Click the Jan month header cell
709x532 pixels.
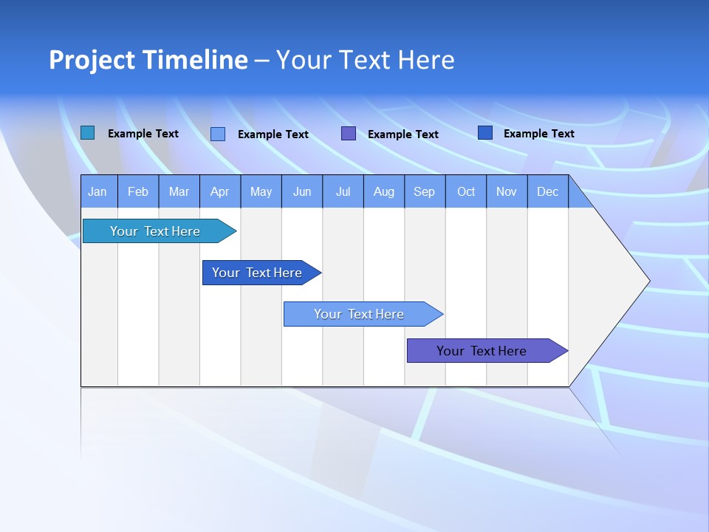point(98,191)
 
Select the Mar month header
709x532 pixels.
point(179,191)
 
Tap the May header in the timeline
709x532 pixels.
point(261,191)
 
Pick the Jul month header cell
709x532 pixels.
point(343,191)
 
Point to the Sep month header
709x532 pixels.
point(425,191)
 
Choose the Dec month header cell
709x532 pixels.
point(547,191)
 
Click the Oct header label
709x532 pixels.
point(466,191)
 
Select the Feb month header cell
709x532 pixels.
point(138,191)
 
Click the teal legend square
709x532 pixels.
point(87,133)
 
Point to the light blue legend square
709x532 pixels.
point(218,134)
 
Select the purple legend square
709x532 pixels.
point(349,134)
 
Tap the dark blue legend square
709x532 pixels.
point(485,133)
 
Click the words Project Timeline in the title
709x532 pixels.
point(148,60)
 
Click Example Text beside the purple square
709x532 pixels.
point(403,134)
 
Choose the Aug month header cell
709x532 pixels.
point(384,191)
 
